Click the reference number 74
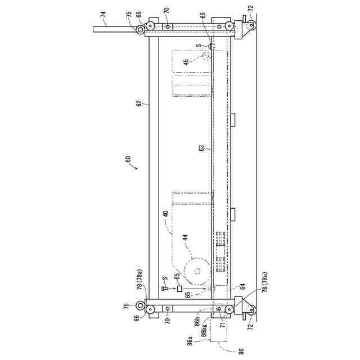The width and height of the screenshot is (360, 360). (103, 13)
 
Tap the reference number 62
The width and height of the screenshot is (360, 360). (139, 103)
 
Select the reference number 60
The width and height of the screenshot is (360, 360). (128, 159)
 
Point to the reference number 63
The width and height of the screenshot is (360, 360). (201, 148)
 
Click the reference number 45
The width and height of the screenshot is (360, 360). (186, 62)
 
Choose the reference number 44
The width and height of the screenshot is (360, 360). (185, 237)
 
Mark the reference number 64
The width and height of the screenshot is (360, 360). (243, 286)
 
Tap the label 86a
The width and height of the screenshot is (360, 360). (190, 341)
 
